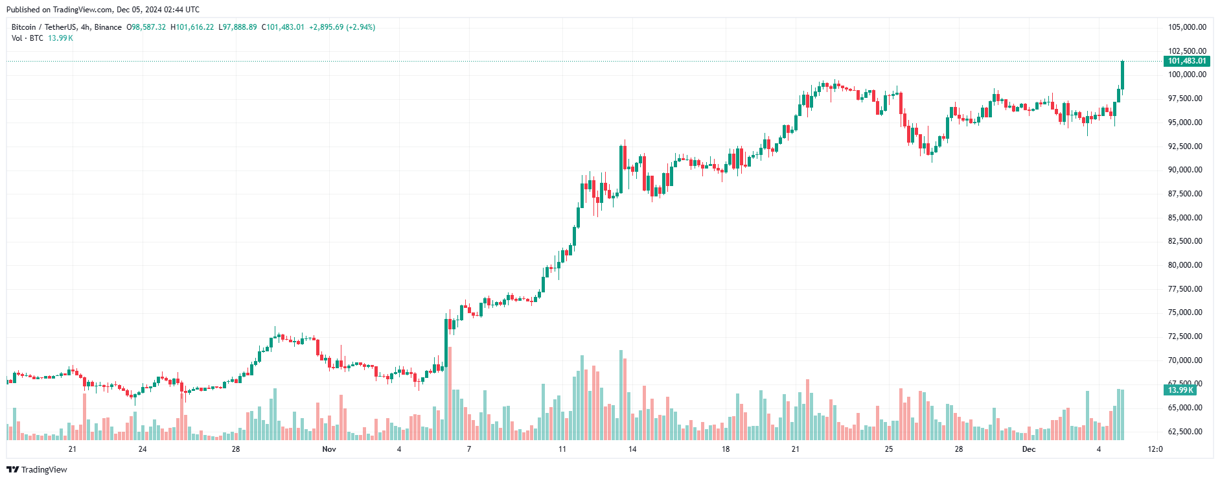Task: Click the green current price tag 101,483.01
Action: [1186, 61]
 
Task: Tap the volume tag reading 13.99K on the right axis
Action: [1180, 390]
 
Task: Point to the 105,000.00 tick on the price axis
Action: [1187, 27]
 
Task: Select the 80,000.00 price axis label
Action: [1185, 265]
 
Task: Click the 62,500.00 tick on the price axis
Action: [1185, 432]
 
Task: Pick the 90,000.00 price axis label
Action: [1185, 170]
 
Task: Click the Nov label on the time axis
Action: [329, 449]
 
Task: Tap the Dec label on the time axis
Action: [1028, 449]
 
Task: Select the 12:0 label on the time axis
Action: [1155, 449]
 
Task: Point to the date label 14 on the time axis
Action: [632, 449]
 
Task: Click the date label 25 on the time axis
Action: [889, 449]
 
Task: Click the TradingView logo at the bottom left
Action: [37, 469]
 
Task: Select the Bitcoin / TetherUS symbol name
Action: [43, 27]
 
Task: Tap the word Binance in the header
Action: [108, 27]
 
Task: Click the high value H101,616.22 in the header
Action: [192, 27]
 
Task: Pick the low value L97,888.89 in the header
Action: [238, 27]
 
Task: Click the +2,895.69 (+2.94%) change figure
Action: [342, 27]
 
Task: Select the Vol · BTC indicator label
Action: [27, 38]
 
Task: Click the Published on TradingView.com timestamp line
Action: [103, 10]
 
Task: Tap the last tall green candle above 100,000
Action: [1122, 75]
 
